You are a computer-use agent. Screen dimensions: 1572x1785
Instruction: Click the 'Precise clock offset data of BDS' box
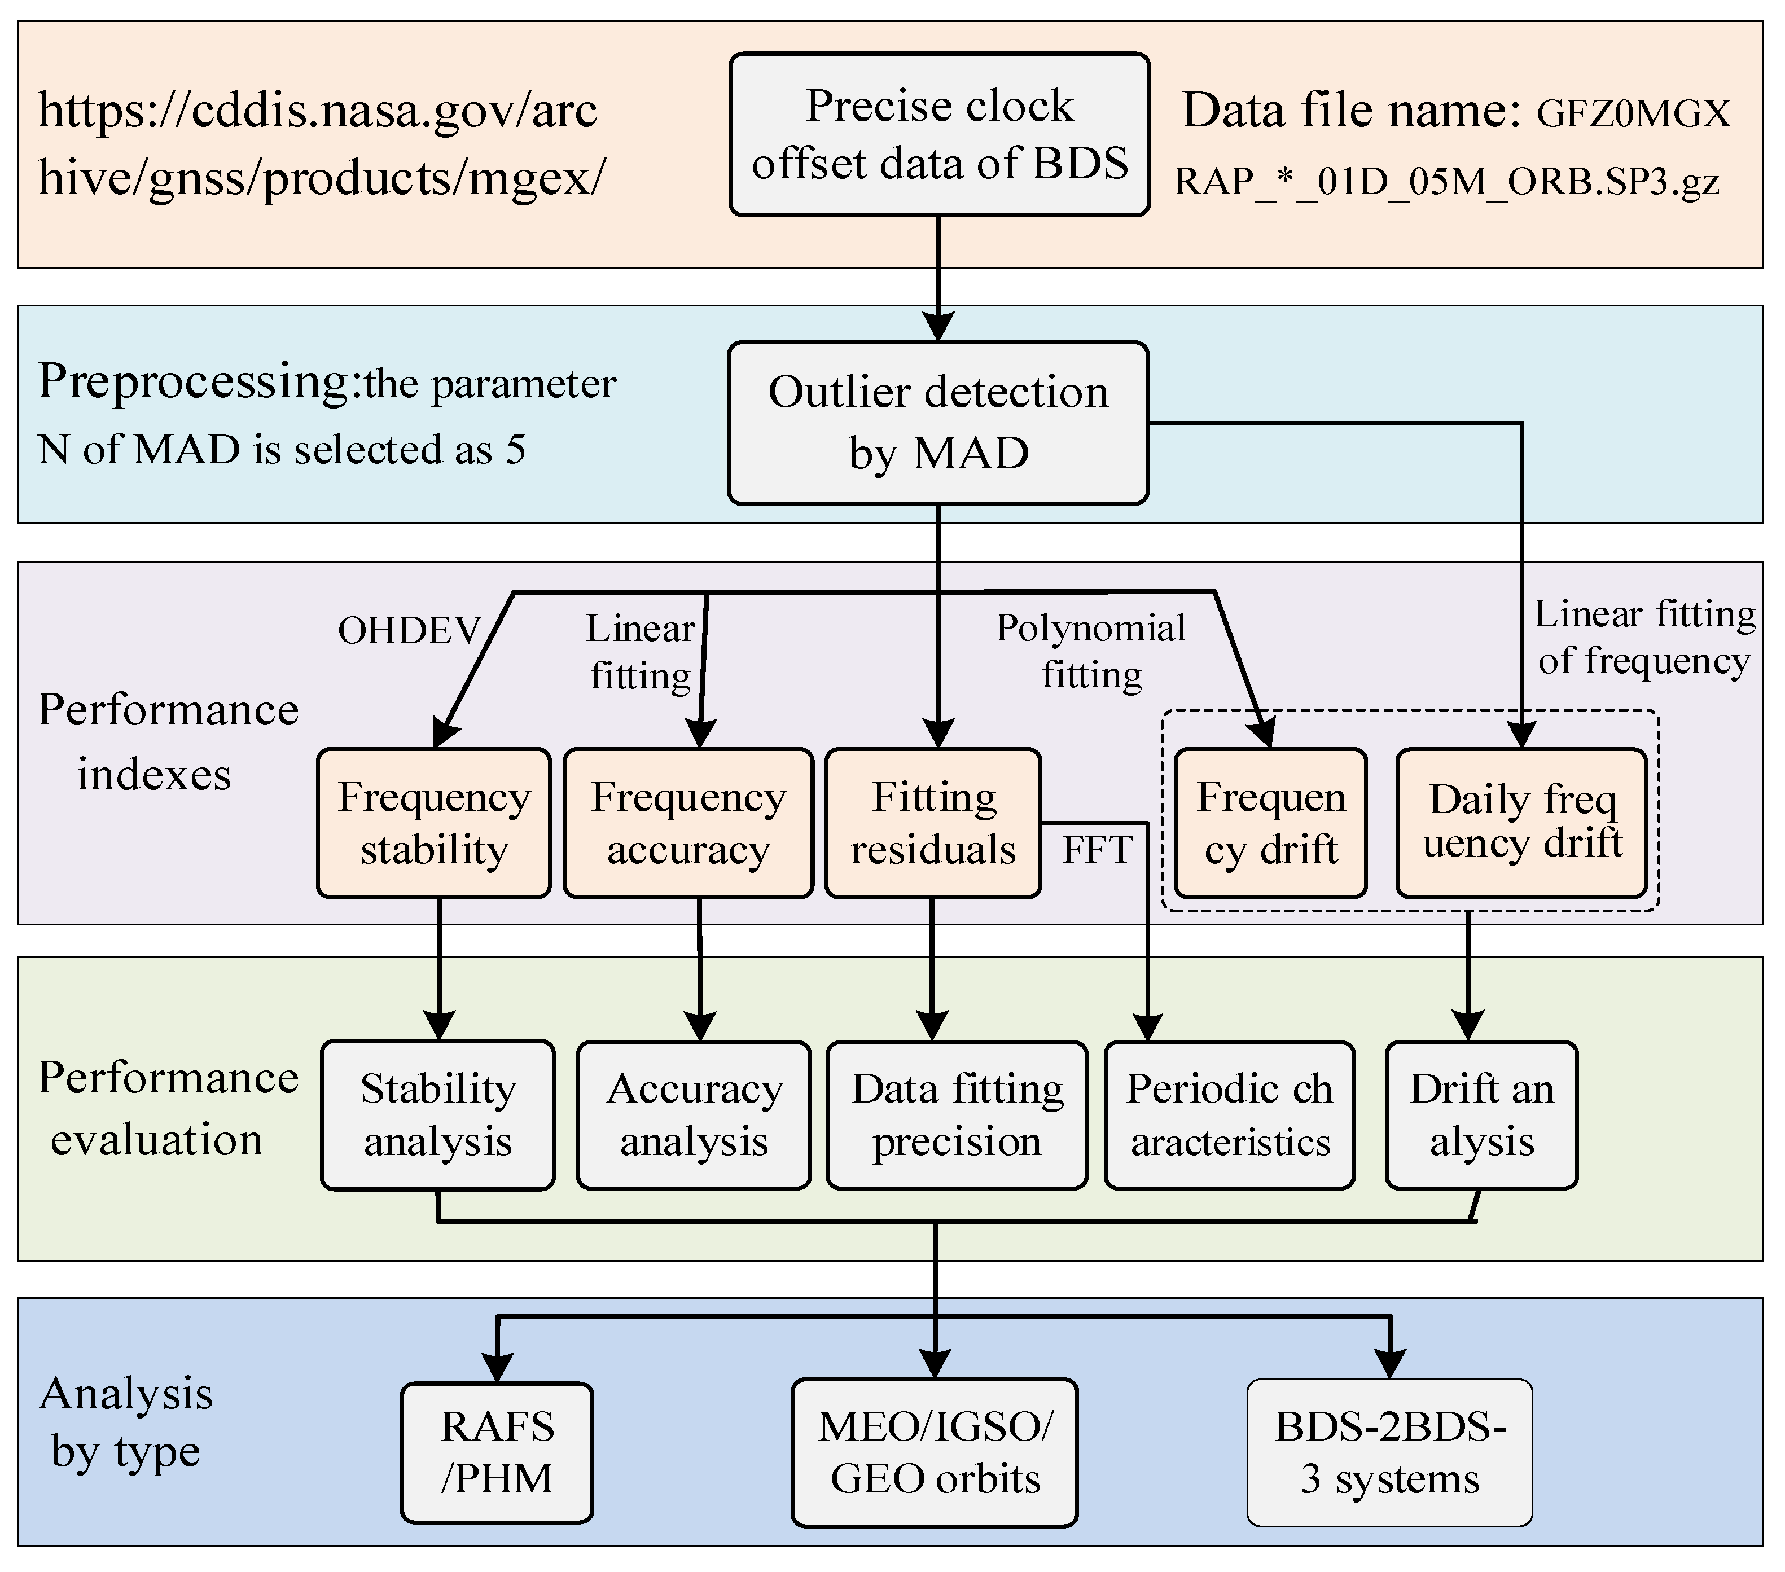pos(939,134)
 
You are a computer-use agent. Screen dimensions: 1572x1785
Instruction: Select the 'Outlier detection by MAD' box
pos(938,423)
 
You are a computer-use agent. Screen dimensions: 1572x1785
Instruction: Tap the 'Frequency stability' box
pos(434,823)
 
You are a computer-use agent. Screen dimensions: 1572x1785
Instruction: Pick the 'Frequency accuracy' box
pos(688,823)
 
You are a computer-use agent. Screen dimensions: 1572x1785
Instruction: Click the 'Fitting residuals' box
pos(933,823)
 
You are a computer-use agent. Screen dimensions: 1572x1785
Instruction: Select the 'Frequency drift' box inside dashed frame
pos(1271,823)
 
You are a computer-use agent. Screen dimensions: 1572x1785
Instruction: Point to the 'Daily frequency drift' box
pos(1521,823)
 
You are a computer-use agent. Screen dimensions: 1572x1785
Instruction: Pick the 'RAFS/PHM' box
pos(497,1452)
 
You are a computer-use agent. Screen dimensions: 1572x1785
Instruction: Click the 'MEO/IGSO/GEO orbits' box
pos(935,1452)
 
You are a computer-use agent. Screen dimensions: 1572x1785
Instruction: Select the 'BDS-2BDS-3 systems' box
pos(1389,1452)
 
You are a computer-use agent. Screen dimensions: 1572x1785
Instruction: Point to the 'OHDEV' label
pos(410,630)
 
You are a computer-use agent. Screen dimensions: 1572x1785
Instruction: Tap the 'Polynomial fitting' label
pos(1091,652)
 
